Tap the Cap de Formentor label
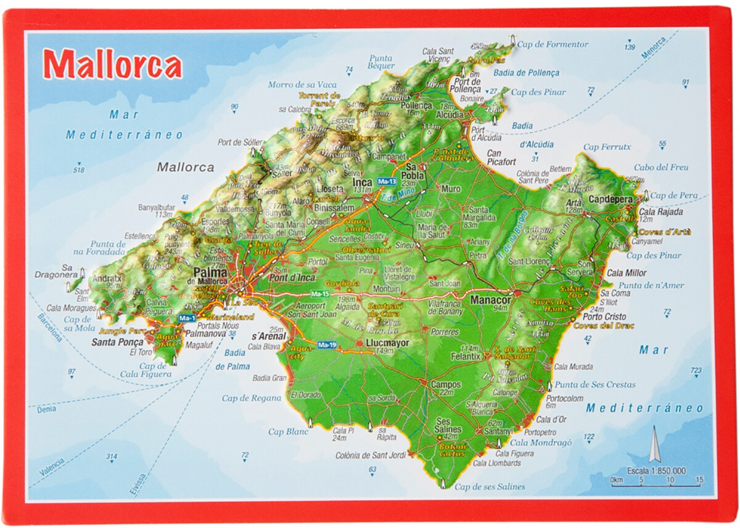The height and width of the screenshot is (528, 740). [x=553, y=44]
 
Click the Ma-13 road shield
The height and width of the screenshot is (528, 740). [x=387, y=182]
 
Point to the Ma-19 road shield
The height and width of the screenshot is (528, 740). [x=327, y=345]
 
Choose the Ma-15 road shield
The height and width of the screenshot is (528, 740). [x=320, y=293]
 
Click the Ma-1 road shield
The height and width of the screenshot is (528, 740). [x=186, y=318]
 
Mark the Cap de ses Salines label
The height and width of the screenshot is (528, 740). [x=490, y=487]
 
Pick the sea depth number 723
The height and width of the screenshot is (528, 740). [x=696, y=370]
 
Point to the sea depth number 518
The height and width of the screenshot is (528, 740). [x=78, y=170]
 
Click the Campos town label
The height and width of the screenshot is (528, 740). [x=446, y=384]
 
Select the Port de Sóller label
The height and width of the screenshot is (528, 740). [x=240, y=142]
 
